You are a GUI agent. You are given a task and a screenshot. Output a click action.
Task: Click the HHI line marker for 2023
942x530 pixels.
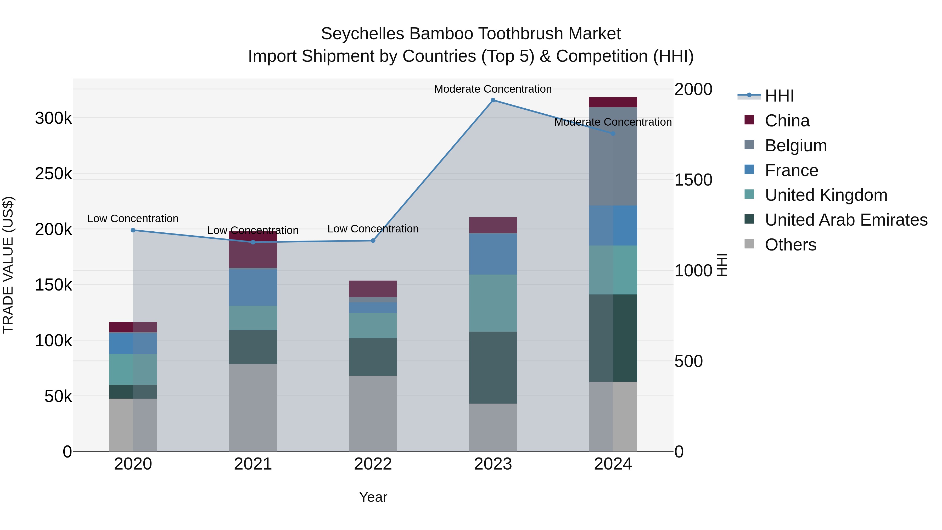click(493, 100)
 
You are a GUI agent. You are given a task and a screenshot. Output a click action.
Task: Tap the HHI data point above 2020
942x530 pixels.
click(133, 230)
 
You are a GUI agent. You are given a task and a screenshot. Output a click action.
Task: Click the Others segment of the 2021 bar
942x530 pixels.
click(253, 408)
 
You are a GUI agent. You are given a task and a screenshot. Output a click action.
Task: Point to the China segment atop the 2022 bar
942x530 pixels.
click(373, 289)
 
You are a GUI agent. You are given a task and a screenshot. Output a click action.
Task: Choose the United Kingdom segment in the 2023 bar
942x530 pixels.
click(493, 303)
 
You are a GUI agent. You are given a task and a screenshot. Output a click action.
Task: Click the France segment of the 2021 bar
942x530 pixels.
click(253, 287)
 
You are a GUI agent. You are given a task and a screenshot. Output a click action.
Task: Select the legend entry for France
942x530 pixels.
click(791, 170)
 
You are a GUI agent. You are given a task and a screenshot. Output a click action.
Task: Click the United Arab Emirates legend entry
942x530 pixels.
click(846, 220)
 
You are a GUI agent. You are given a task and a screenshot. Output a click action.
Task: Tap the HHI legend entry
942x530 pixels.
click(779, 96)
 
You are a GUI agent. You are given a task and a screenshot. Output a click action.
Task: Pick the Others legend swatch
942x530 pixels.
click(749, 244)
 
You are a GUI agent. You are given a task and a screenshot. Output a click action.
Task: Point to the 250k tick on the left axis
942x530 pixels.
click(53, 174)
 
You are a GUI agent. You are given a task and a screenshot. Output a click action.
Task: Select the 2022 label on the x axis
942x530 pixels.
click(373, 464)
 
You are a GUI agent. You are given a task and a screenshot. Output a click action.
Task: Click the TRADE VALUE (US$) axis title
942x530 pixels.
click(8, 265)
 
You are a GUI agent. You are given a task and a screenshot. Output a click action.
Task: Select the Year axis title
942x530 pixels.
click(373, 497)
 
